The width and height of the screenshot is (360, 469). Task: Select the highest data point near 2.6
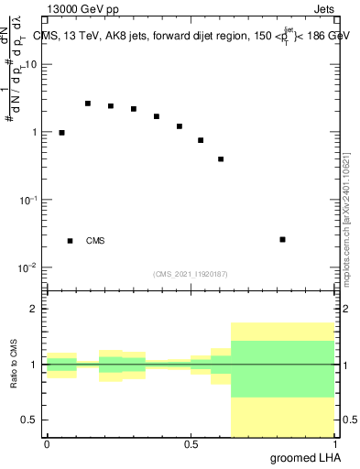pos(88,104)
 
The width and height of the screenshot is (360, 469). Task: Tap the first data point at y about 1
pos(61,133)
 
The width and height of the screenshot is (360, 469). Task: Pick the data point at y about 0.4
pos(221,159)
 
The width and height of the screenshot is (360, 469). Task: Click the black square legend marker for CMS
pos(70,241)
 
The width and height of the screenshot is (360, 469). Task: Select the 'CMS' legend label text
pos(95,241)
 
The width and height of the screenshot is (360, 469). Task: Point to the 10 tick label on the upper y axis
pos(31,65)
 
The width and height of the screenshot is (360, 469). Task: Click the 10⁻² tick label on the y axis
pos(29,267)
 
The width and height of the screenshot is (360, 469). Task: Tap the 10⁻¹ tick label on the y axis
pos(29,200)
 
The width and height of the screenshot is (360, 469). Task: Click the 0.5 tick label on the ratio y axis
pos(30,420)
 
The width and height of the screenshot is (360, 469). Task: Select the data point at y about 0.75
pos(201,140)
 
